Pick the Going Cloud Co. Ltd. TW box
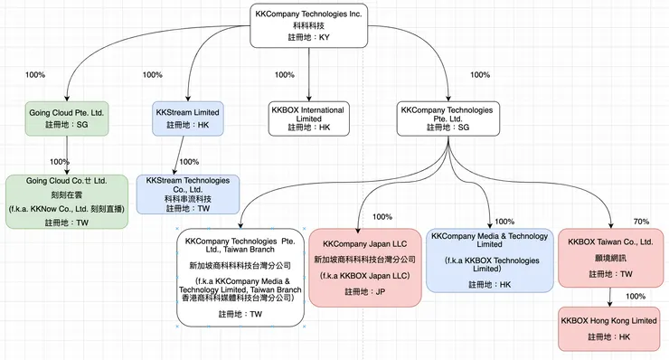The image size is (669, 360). (67, 201)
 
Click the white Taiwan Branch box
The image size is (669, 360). (242, 277)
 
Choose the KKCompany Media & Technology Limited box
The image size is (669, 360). (490, 260)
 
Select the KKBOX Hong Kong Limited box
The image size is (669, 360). (608, 328)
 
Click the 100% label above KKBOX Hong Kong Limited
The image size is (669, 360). (636, 296)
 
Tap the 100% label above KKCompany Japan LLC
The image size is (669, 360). (382, 217)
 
